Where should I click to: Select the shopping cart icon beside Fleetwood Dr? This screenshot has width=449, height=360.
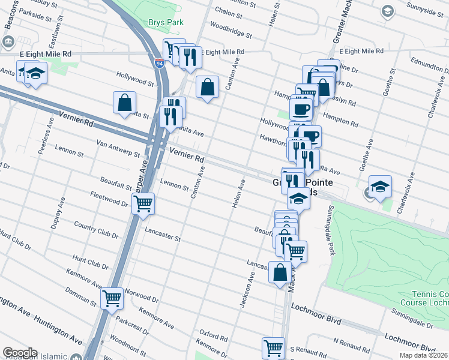[143, 204]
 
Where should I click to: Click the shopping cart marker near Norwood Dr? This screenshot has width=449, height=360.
[112, 298]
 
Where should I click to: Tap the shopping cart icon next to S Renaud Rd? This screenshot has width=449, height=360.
[273, 347]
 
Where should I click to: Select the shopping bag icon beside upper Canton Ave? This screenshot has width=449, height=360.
[207, 87]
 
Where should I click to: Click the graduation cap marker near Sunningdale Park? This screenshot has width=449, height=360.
[380, 187]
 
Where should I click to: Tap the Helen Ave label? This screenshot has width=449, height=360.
[239, 194]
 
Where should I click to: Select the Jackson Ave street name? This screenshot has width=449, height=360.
[247, 290]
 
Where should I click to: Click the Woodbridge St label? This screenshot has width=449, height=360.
[231, 31]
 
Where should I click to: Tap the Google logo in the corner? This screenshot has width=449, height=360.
[20, 353]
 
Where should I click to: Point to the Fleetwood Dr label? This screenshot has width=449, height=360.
[109, 199]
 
